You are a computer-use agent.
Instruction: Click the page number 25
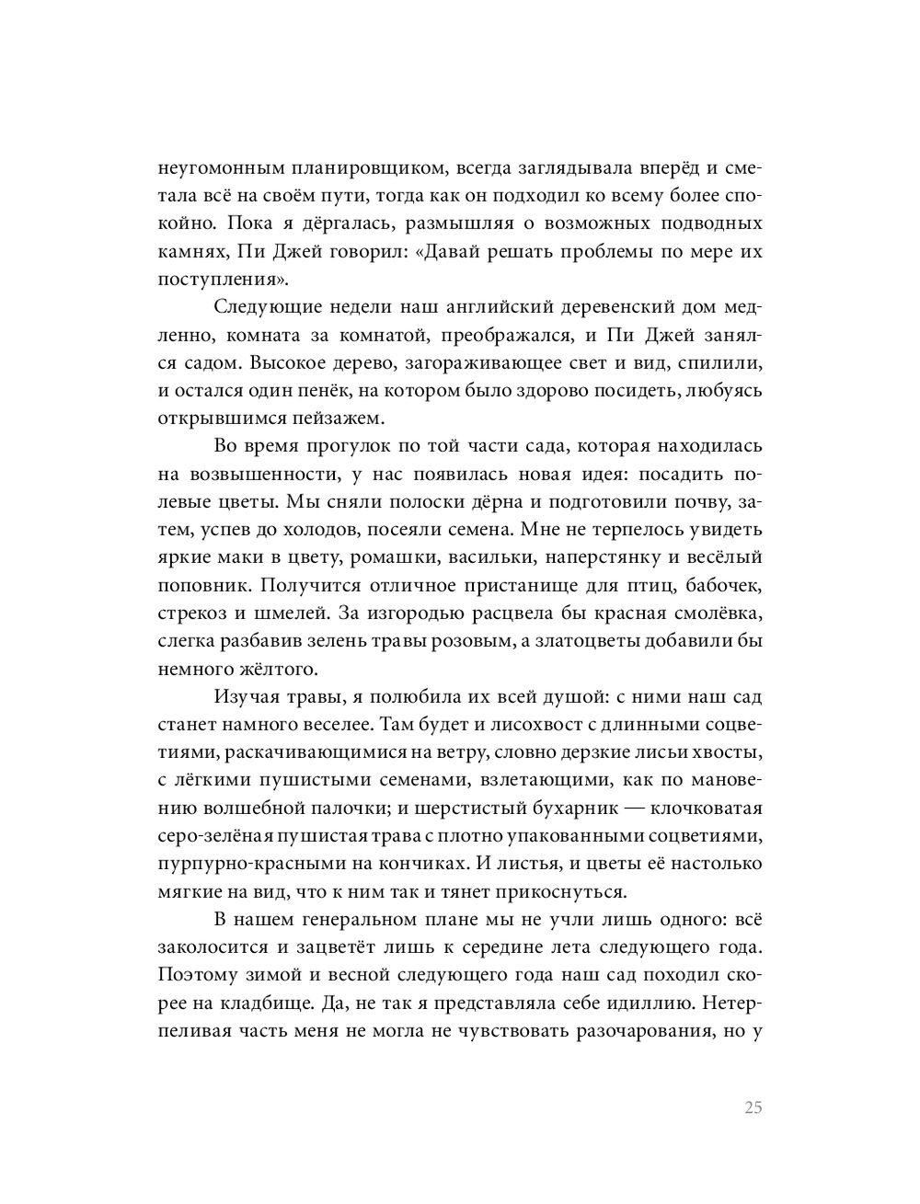pos(753,1107)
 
